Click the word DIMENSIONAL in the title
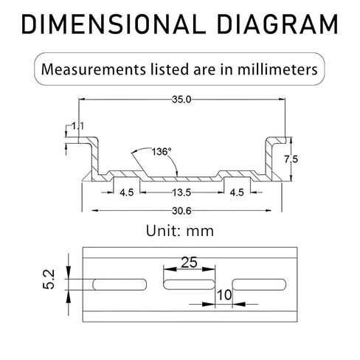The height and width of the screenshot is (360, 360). point(114,24)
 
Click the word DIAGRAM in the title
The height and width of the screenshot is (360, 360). point(278,24)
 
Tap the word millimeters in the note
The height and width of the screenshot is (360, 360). point(277,69)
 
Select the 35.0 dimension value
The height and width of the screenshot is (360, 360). point(181,100)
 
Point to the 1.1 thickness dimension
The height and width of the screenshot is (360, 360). point(77,126)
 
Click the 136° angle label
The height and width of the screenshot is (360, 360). point(162,152)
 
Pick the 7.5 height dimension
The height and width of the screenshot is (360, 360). point(291,159)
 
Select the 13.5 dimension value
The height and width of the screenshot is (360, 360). point(181,193)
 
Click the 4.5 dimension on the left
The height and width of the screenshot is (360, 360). point(127,193)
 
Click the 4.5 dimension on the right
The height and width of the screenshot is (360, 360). point(237,193)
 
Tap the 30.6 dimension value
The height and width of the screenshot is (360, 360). point(181,211)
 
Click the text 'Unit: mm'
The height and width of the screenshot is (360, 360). point(180,231)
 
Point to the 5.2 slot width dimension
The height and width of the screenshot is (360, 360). point(49,279)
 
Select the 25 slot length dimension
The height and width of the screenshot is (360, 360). point(189,262)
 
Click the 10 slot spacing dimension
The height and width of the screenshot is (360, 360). point(224,295)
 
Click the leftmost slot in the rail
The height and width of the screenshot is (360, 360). point(120,285)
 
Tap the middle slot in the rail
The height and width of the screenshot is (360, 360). point(190,285)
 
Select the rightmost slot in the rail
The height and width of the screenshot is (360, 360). point(259,285)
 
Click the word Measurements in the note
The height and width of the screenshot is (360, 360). point(94,69)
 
